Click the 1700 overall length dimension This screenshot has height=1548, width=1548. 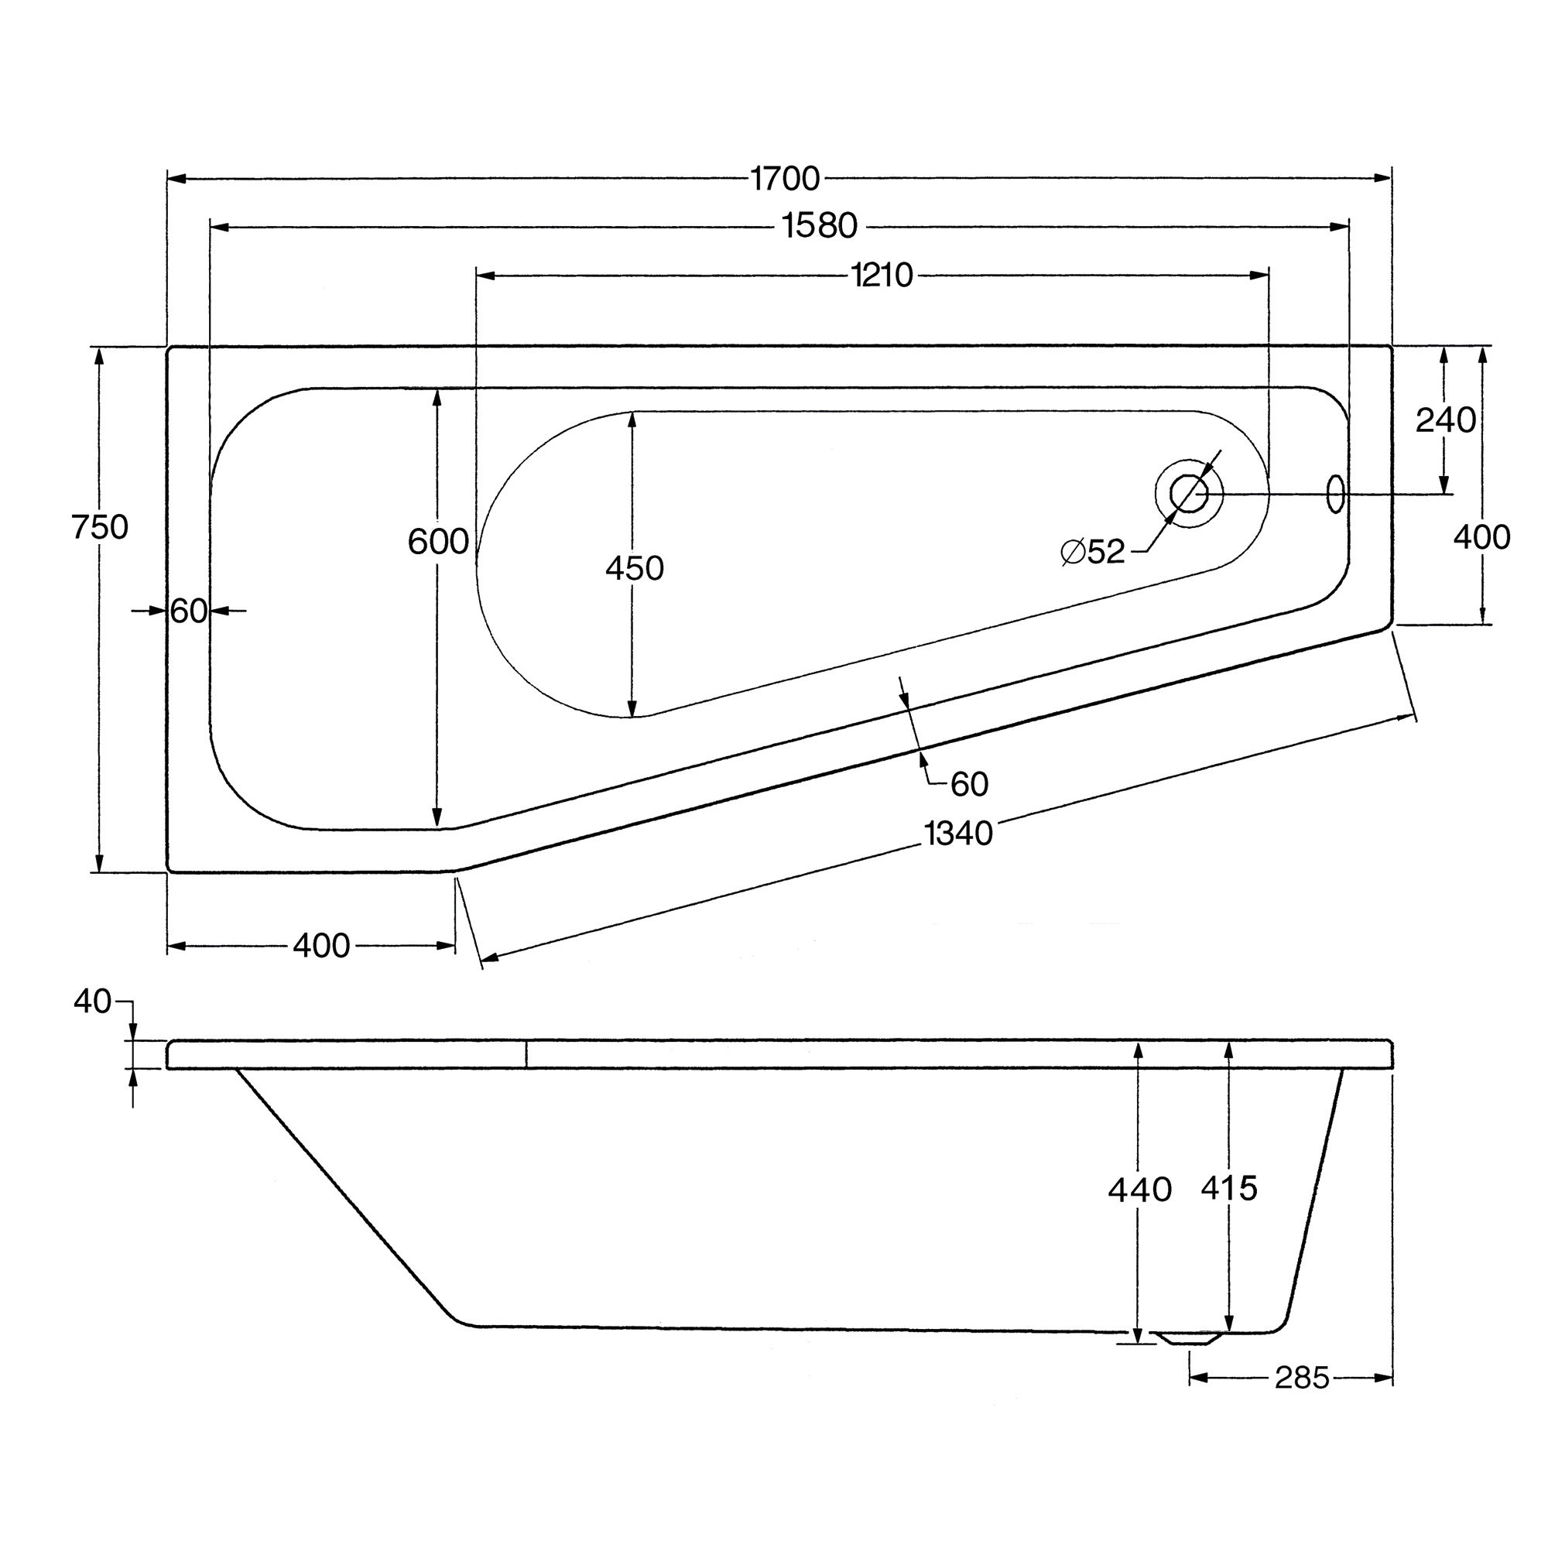(x=785, y=179)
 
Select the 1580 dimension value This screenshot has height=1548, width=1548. (x=820, y=227)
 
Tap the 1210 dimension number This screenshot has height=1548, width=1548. (x=882, y=276)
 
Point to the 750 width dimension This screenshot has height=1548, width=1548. (x=99, y=527)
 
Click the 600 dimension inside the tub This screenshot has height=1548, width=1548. (x=438, y=543)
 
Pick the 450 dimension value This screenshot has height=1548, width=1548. (x=635, y=569)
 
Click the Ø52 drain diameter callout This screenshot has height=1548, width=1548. (x=1093, y=551)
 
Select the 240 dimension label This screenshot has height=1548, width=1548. (x=1445, y=420)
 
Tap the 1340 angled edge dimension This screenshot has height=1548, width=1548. (x=958, y=834)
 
